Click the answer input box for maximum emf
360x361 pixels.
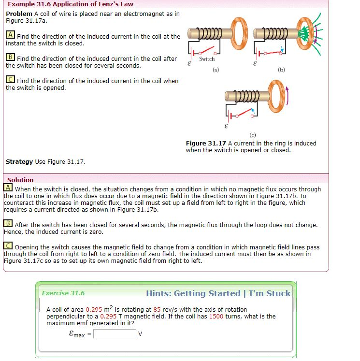(x=115, y=333)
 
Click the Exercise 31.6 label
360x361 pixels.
(x=63, y=293)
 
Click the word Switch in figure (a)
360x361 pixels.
(x=207, y=59)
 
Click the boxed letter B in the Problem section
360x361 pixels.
(x=10, y=58)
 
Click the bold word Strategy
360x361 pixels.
(x=19, y=161)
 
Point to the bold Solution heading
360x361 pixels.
(x=20, y=180)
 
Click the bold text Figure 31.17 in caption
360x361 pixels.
(x=206, y=143)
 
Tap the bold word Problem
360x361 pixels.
(x=19, y=14)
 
